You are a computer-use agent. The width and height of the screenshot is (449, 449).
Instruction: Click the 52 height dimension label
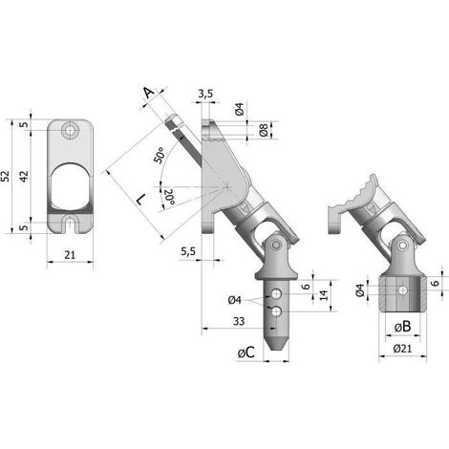[6, 176]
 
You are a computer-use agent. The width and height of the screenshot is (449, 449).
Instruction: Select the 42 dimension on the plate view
[24, 176]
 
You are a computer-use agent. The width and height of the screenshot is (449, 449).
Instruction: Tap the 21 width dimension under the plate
[70, 255]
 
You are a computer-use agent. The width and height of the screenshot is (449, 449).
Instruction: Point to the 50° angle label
[160, 155]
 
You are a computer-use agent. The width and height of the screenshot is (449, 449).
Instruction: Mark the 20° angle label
[169, 198]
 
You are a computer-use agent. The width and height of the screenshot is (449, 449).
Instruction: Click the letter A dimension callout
[148, 93]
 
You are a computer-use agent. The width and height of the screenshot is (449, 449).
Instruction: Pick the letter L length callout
[139, 200]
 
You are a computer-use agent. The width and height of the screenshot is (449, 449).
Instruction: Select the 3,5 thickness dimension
[205, 94]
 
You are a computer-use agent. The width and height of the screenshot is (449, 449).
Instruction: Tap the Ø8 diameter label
[264, 131]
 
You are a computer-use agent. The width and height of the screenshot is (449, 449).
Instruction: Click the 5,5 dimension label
[188, 251]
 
